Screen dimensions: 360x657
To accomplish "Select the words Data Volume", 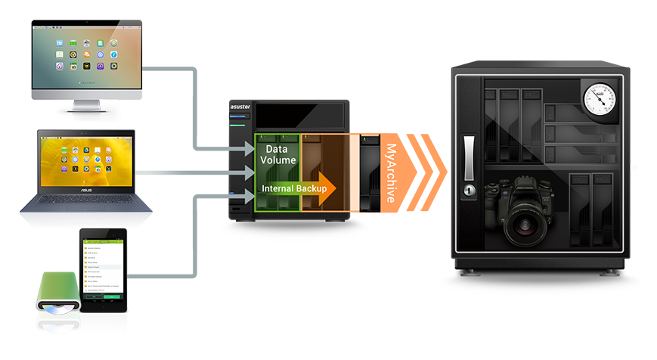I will point(279,155).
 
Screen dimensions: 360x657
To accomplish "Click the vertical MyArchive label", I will point(392,173).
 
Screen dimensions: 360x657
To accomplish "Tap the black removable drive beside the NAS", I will point(370,173).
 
